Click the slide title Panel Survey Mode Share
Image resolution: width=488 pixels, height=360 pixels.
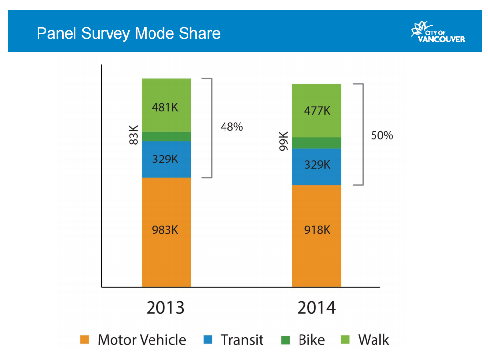(128, 33)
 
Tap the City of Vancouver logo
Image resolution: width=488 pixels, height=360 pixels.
(438, 33)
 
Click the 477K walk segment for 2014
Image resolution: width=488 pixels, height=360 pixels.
(316, 111)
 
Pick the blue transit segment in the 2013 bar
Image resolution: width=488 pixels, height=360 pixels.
(166, 159)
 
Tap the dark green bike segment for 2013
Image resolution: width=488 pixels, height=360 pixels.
(166, 136)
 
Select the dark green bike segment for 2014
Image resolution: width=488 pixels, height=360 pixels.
(316, 143)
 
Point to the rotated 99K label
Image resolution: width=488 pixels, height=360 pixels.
(283, 141)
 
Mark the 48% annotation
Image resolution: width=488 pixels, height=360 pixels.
(231, 127)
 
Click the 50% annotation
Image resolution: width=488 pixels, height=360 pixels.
(381, 135)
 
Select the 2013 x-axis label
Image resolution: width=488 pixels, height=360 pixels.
(165, 308)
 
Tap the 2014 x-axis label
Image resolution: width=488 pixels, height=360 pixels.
(316, 308)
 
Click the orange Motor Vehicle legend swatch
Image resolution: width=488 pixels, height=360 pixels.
(85, 340)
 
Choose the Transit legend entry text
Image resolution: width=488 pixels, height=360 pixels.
(242, 340)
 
